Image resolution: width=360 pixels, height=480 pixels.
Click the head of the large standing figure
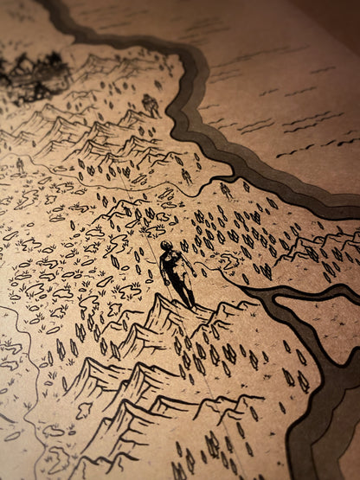[x=165, y=247]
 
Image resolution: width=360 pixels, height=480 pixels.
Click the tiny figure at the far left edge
[x=19, y=163]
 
